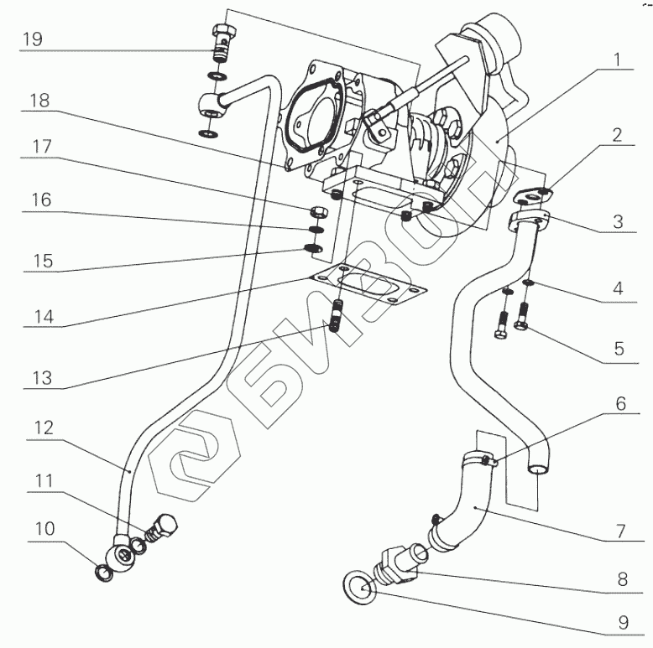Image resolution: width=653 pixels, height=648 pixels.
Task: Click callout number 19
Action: [32, 39]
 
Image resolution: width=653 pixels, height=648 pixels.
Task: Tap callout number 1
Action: [618, 60]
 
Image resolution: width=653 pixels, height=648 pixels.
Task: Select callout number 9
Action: [623, 623]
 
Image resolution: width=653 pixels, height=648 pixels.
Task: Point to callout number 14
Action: [44, 317]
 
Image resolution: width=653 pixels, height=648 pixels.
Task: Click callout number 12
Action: [44, 428]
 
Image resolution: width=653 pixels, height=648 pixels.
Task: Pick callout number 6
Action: [620, 403]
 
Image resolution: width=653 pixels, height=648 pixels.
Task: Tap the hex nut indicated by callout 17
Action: [319, 212]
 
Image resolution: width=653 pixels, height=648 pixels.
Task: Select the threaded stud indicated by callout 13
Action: [336, 316]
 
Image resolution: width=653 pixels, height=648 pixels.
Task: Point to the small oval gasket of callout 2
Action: [533, 195]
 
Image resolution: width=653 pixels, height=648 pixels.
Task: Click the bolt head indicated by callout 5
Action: [521, 325]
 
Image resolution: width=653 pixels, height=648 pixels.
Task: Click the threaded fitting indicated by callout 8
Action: [398, 563]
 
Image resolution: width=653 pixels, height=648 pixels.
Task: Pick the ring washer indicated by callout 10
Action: [104, 573]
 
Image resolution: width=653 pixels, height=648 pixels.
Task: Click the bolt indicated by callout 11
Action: [161, 527]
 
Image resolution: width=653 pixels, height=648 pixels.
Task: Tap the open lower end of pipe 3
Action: [538, 469]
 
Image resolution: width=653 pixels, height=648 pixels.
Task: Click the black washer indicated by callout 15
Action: [314, 248]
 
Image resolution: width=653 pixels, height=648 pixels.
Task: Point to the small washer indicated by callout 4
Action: [528, 283]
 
